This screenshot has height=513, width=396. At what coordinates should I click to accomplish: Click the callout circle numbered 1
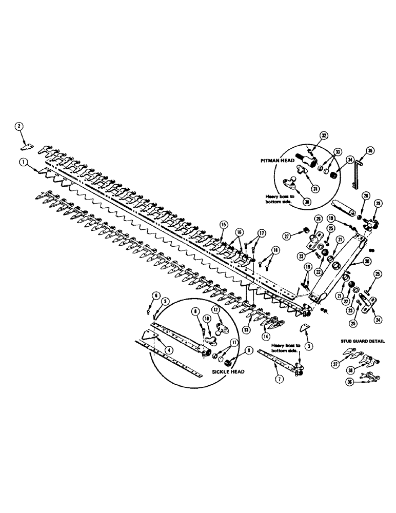[x=23, y=161]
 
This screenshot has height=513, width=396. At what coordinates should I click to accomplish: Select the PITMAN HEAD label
[x=278, y=160]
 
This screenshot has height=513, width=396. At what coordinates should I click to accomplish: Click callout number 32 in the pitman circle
[x=324, y=135]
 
